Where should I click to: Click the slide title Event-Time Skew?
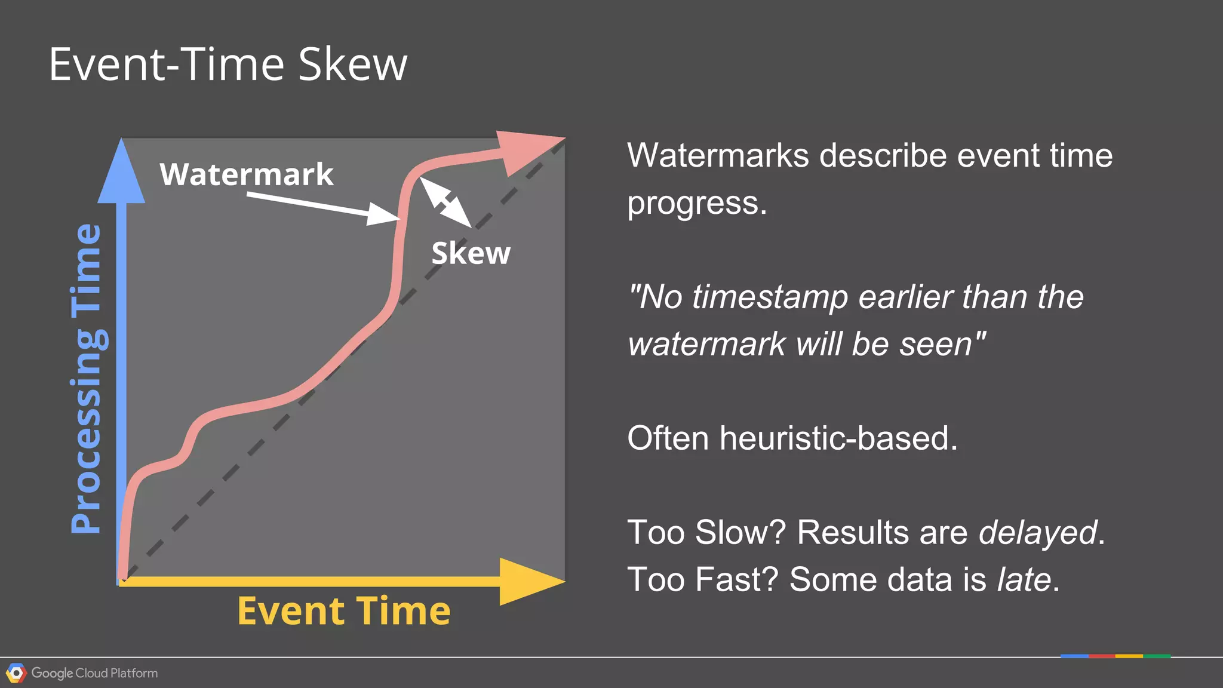pyautogui.click(x=228, y=64)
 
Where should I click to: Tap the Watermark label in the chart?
pyautogui.click(x=246, y=174)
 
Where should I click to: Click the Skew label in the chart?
pyautogui.click(x=471, y=253)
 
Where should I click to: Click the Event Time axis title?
pyautogui.click(x=343, y=611)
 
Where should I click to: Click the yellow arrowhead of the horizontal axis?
pyautogui.click(x=528, y=581)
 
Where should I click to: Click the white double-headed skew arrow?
pyautogui.click(x=445, y=202)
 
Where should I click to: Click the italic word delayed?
pyautogui.click(x=1037, y=532)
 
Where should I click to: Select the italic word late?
pyautogui.click(x=1024, y=579)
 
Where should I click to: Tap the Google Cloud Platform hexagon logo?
pyautogui.click(x=16, y=673)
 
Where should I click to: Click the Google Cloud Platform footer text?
pyautogui.click(x=94, y=673)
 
